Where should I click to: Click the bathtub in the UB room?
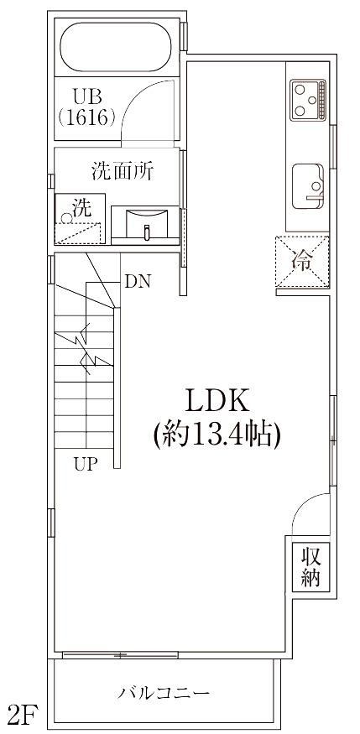[116, 47]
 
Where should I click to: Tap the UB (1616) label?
[87, 107]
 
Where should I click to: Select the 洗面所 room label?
[123, 171]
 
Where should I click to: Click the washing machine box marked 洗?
[80, 219]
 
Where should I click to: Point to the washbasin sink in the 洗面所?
[147, 224]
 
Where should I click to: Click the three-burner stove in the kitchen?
[308, 100]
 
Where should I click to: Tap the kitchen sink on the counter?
[308, 186]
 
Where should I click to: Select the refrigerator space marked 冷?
[302, 262]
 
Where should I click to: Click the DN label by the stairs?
[138, 281]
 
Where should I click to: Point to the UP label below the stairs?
[86, 465]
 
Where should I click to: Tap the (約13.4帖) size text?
[217, 435]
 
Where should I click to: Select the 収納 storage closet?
[310, 566]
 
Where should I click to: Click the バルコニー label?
[164, 692]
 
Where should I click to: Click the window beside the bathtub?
[184, 37]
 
